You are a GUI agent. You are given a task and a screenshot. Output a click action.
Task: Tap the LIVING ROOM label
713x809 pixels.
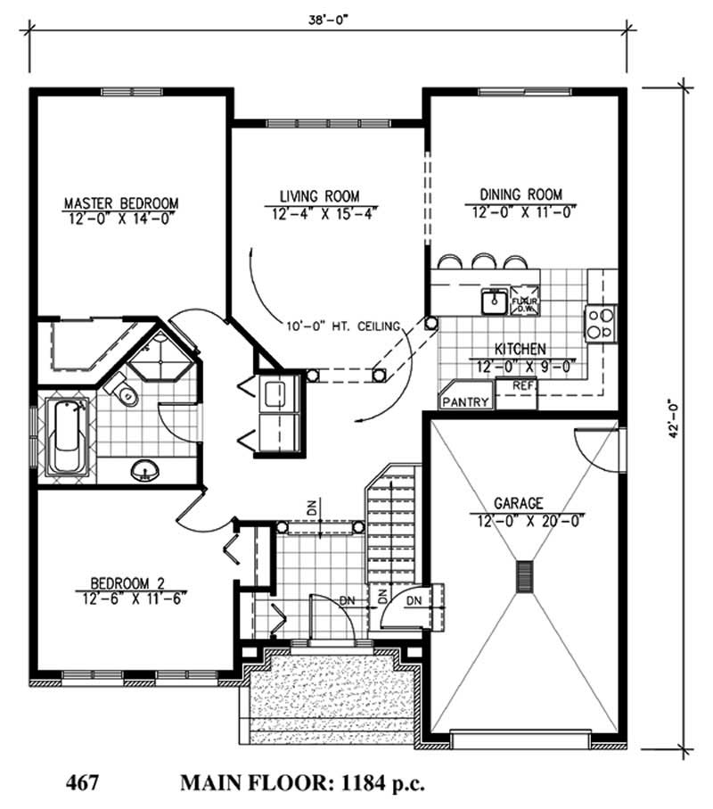pos(319,195)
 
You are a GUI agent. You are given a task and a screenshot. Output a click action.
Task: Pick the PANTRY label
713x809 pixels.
pos(466,401)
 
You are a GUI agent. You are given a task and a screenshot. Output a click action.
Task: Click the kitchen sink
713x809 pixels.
pos(493,302)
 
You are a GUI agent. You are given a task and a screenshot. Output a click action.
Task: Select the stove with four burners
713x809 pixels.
pos(600,322)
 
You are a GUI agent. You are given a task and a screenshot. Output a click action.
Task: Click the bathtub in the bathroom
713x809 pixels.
pos(66,437)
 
